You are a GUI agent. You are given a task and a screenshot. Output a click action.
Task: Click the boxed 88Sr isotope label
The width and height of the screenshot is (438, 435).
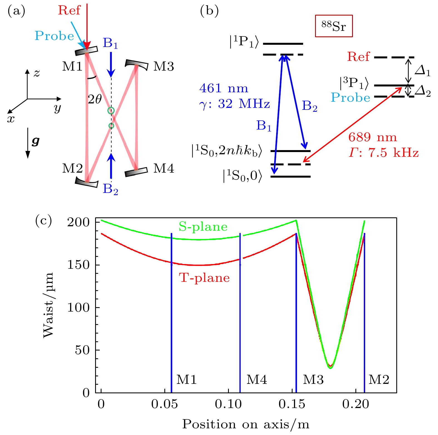[x=334, y=26]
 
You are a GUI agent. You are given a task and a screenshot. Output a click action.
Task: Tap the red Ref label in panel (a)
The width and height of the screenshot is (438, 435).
[x=69, y=10]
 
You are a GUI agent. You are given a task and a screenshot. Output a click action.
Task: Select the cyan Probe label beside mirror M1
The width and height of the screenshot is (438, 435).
[x=54, y=36]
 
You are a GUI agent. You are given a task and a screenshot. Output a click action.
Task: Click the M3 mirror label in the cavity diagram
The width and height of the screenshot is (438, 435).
[x=164, y=66]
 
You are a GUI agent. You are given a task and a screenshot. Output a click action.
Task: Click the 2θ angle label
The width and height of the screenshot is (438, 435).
[x=95, y=99]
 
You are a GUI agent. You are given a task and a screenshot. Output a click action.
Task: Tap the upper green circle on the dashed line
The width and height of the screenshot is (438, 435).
[x=111, y=111]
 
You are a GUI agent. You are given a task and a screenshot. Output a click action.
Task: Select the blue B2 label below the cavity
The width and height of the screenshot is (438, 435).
[x=110, y=189]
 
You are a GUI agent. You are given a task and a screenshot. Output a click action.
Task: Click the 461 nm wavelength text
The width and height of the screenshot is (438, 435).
[x=224, y=88]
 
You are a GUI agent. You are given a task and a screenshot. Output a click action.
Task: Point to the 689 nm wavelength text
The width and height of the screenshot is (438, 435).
[x=372, y=137]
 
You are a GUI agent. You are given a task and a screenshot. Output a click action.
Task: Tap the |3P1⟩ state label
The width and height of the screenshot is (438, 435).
[x=354, y=83]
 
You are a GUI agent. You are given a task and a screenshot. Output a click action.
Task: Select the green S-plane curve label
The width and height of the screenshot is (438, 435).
[x=203, y=227]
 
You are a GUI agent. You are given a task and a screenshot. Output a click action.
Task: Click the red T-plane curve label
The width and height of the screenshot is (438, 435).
[x=204, y=278]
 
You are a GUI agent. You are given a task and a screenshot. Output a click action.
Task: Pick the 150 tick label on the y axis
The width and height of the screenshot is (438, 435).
[x=78, y=265]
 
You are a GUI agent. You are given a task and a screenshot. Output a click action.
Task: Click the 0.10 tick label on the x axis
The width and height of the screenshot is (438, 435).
[x=228, y=404]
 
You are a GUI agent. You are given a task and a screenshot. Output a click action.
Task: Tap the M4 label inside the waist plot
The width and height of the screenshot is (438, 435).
[x=257, y=380]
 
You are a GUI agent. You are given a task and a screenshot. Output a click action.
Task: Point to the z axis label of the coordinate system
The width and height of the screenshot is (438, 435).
[x=37, y=73]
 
